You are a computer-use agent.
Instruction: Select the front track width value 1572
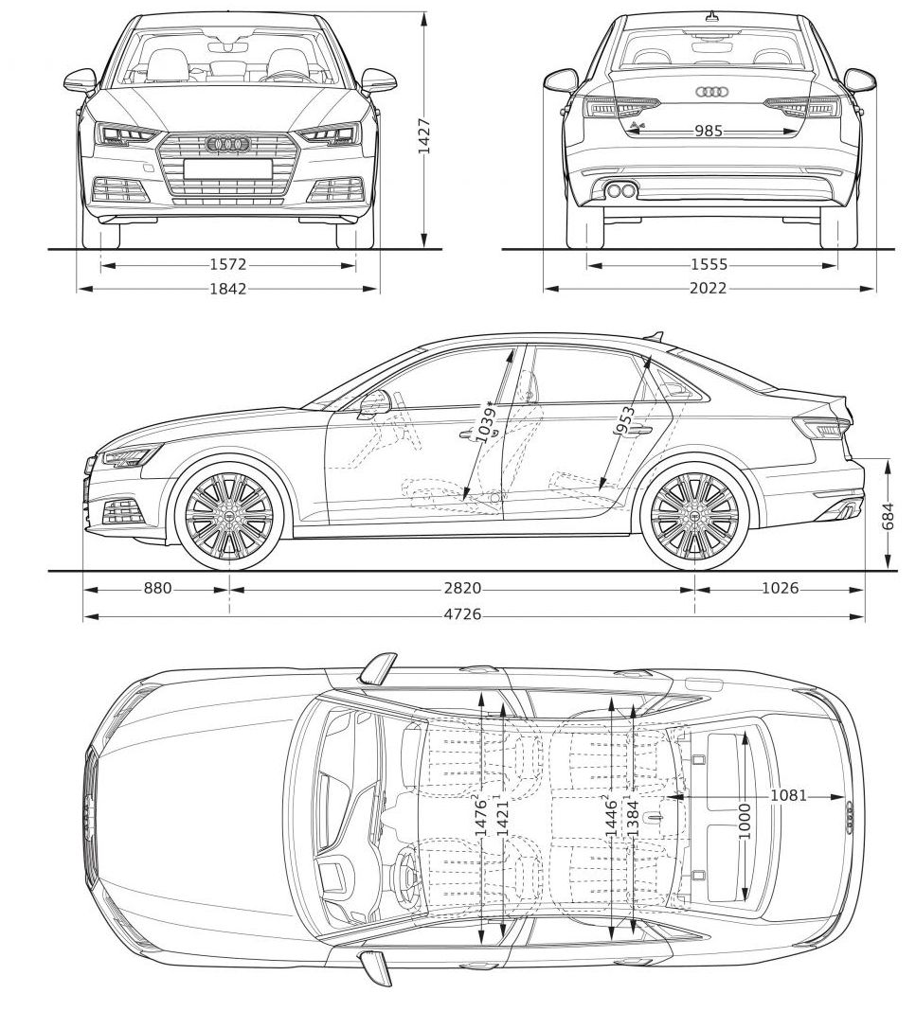[x=227, y=265]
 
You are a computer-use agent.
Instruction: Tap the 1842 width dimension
[x=227, y=289]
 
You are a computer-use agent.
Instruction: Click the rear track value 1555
[x=709, y=265]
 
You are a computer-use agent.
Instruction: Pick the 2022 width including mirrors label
[x=709, y=289]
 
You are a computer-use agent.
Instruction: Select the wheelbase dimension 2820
[x=462, y=589]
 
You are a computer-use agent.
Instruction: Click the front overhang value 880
[x=157, y=589]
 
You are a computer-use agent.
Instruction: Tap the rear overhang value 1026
[x=780, y=589]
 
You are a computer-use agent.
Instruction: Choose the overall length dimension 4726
[x=462, y=615]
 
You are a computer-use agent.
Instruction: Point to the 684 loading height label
[x=889, y=516]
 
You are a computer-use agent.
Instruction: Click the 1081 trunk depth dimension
[x=788, y=795]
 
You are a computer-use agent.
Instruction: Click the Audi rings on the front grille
[x=227, y=144]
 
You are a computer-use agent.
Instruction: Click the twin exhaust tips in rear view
[x=620, y=191]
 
